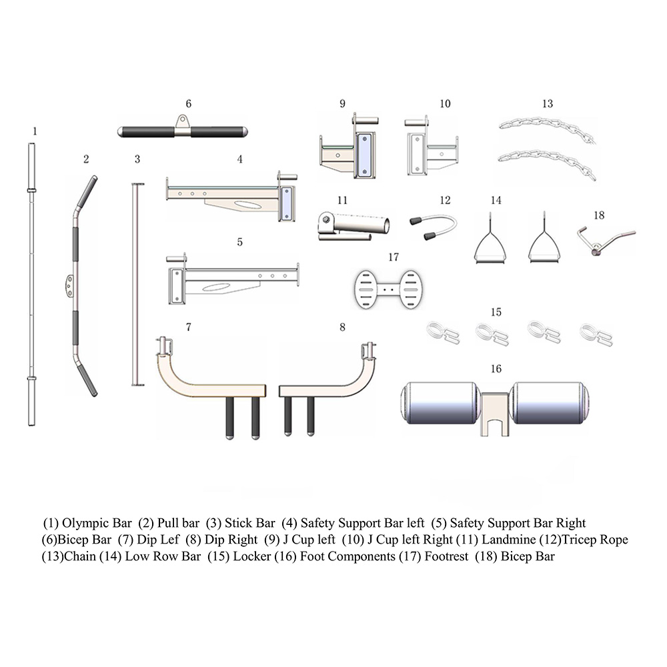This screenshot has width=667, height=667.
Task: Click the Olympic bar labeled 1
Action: tap(31, 284)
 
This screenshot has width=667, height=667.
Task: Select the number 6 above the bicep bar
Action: tap(189, 104)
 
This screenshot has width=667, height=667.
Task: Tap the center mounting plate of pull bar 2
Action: tap(69, 286)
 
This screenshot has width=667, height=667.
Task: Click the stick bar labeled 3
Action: tap(138, 284)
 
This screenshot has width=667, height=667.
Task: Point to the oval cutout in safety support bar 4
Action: tap(247, 205)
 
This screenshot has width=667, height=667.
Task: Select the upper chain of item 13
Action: tap(548, 130)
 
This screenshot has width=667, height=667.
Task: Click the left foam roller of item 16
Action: tap(441, 403)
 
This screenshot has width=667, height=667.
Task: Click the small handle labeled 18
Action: tap(605, 241)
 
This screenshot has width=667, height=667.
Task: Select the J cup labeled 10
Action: tap(430, 147)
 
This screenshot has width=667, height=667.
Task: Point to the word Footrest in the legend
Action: tap(446, 556)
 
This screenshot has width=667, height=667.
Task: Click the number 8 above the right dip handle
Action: tap(342, 327)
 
